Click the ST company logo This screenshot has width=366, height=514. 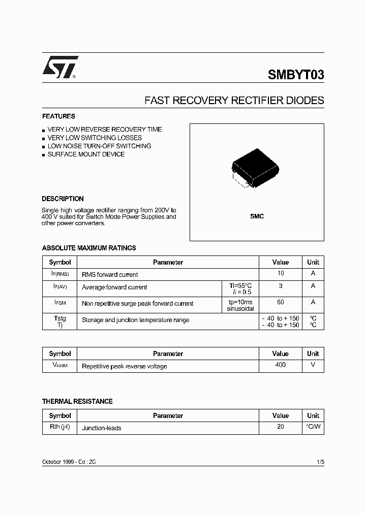(x=60, y=68)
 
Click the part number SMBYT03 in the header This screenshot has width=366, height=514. (x=295, y=75)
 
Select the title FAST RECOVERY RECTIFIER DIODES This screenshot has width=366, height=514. (x=234, y=101)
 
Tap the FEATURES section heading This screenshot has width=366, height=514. (x=58, y=116)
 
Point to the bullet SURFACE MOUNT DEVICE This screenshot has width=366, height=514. (x=86, y=154)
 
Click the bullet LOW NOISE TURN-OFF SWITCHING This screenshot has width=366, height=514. (x=99, y=146)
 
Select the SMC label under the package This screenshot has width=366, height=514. (x=257, y=216)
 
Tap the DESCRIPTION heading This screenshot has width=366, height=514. (x=63, y=199)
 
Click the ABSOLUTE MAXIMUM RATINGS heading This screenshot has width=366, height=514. (x=89, y=248)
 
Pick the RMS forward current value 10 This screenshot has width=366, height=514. (x=281, y=274)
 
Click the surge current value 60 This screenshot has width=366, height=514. (x=281, y=302)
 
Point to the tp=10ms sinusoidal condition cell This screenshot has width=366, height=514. (x=240, y=305)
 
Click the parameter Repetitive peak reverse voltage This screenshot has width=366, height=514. (x=124, y=366)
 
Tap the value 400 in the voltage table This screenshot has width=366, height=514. (x=280, y=365)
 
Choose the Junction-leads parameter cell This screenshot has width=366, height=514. (x=102, y=428)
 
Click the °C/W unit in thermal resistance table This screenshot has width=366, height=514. (x=313, y=427)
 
